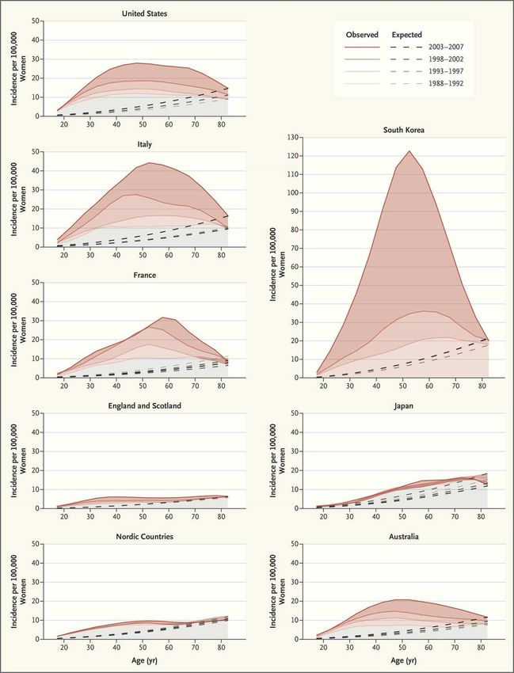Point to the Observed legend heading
pos(362,35)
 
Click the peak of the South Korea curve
pos(410,151)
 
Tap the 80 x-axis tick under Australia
pos(482,648)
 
